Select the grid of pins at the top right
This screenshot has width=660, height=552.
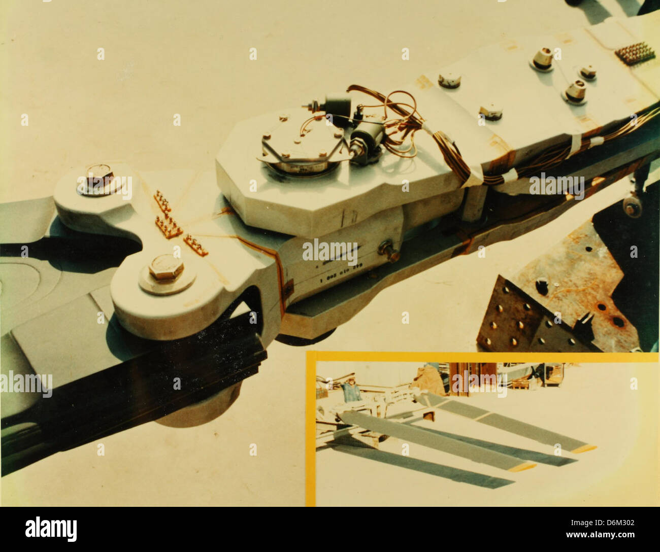(634, 52)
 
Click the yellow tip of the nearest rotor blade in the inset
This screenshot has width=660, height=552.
(523, 466)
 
